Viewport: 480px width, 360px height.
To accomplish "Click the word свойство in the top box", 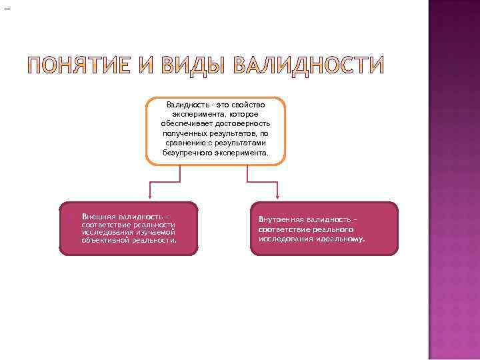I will [244, 105].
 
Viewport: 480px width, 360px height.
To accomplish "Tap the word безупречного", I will [187, 153].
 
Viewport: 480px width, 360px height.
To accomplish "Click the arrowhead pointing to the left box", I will [149, 197].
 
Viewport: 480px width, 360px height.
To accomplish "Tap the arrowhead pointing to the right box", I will [278, 197].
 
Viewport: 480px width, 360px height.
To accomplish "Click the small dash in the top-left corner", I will [7, 9].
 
